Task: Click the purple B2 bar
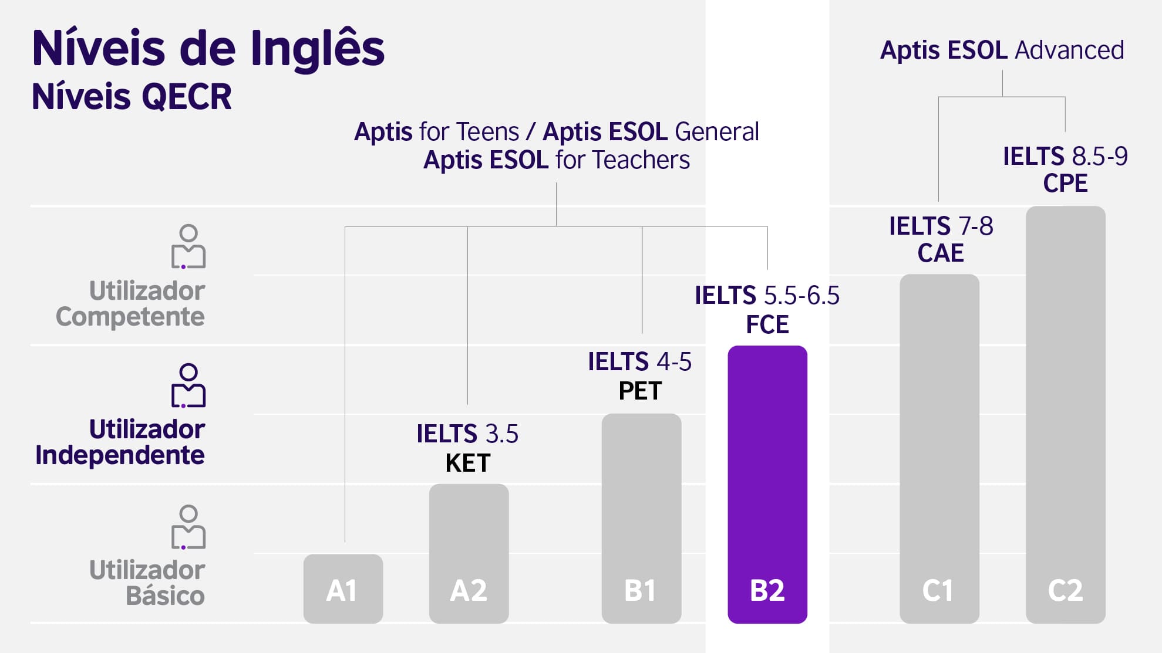(767, 484)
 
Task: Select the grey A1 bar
(343, 588)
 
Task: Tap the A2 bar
(469, 553)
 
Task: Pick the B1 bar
(641, 518)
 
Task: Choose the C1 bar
(939, 449)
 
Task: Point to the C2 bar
(1065, 414)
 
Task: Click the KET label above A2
(468, 463)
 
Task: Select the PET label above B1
(640, 391)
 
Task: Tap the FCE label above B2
(767, 324)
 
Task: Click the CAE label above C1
(941, 253)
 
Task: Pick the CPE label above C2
(1065, 183)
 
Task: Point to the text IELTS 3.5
(467, 434)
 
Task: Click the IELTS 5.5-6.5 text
(767, 296)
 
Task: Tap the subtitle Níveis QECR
(132, 97)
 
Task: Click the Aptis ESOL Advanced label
(1002, 50)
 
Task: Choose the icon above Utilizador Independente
(188, 385)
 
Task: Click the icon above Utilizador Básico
(188, 527)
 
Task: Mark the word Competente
(130, 317)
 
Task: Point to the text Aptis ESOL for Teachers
(557, 160)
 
